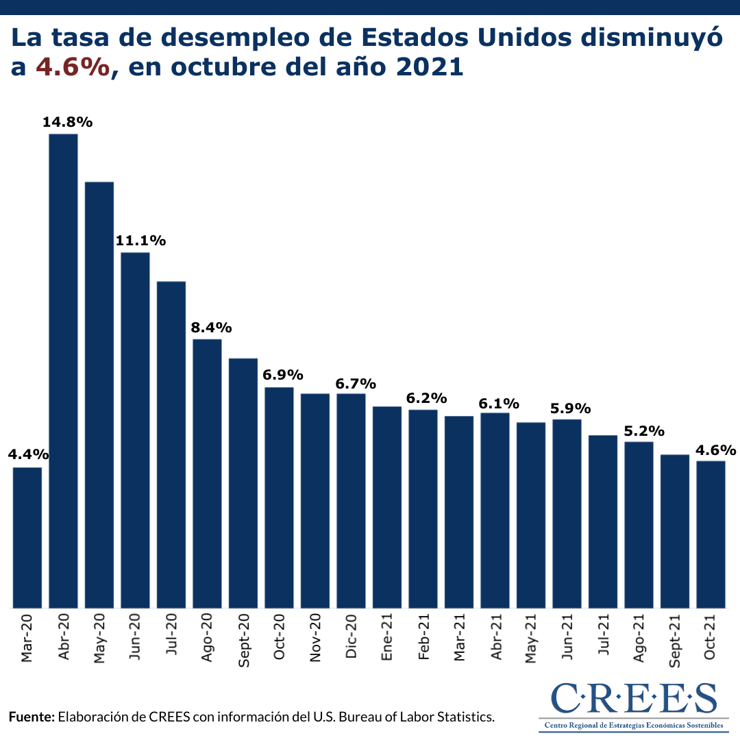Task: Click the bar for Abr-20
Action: pyautogui.click(x=63, y=370)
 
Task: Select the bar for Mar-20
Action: pyautogui.click(x=27, y=537)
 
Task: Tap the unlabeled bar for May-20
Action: pyautogui.click(x=99, y=395)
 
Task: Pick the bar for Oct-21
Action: pyautogui.click(x=711, y=534)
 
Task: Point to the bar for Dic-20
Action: pyautogui.click(x=351, y=500)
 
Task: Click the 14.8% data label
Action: pyautogui.click(x=67, y=123)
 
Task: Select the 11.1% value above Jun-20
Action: pyautogui.click(x=140, y=241)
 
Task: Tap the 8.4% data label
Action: pyautogui.click(x=211, y=327)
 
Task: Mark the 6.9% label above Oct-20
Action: pyautogui.click(x=283, y=375)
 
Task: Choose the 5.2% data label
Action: pyautogui.click(x=644, y=431)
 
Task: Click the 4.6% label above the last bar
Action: pyautogui.click(x=715, y=450)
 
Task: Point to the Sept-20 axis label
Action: pyautogui.click(x=243, y=638)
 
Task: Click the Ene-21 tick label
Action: pyautogui.click(x=387, y=638)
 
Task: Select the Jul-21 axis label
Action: pyautogui.click(x=603, y=638)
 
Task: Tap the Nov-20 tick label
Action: pyautogui.click(x=315, y=638)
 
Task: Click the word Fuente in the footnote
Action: pyautogui.click(x=31, y=717)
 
